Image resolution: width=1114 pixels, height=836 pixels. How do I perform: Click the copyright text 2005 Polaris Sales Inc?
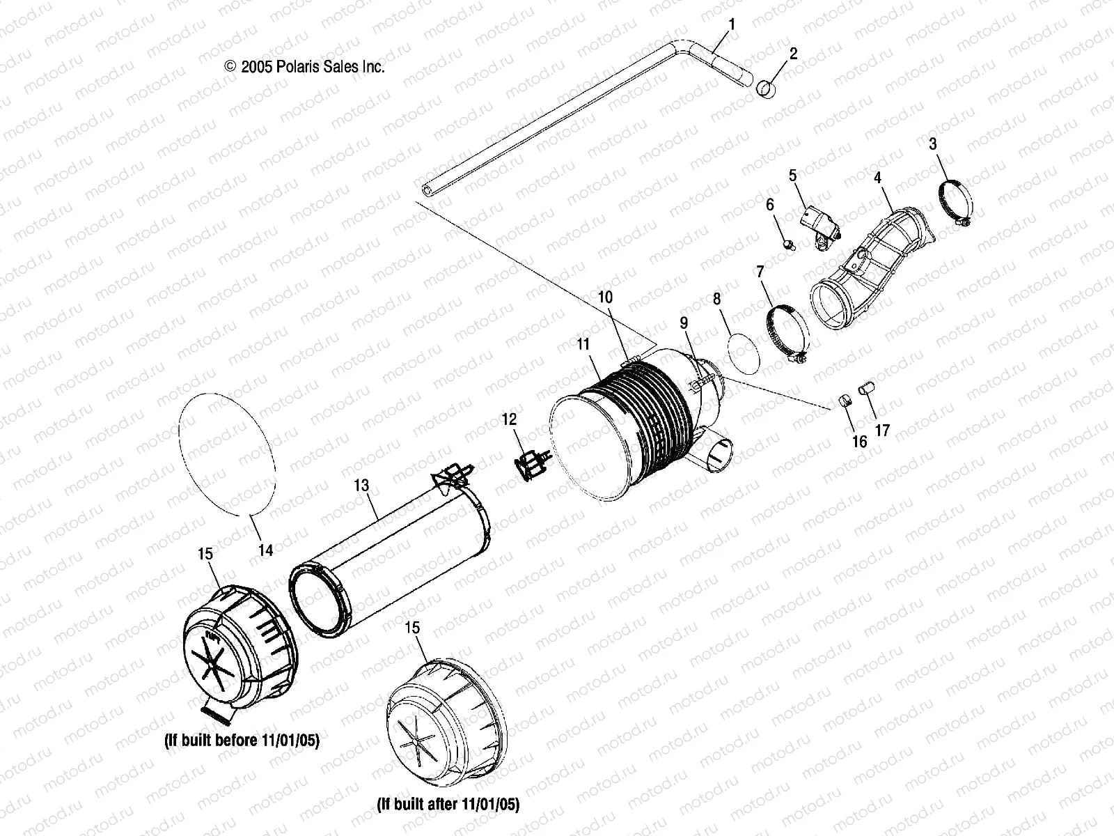click(x=304, y=67)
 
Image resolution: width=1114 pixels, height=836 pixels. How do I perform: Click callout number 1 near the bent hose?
click(x=731, y=24)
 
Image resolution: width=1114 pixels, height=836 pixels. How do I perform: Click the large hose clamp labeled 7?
click(x=716, y=299)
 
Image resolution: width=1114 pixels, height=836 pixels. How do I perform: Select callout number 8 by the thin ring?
click(x=605, y=297)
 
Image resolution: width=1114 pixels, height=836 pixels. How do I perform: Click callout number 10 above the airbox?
click(x=583, y=344)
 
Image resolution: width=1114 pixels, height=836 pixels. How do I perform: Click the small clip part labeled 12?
click(x=361, y=486)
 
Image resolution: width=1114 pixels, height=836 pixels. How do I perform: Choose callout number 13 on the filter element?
click(x=265, y=550)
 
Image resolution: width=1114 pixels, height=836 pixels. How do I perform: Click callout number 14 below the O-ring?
click(x=844, y=403)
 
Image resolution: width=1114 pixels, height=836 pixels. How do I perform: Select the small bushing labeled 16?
click(x=867, y=387)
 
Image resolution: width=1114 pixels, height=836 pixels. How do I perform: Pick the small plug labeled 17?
click(x=242, y=740)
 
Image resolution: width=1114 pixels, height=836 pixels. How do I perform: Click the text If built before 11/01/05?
click(x=448, y=805)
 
